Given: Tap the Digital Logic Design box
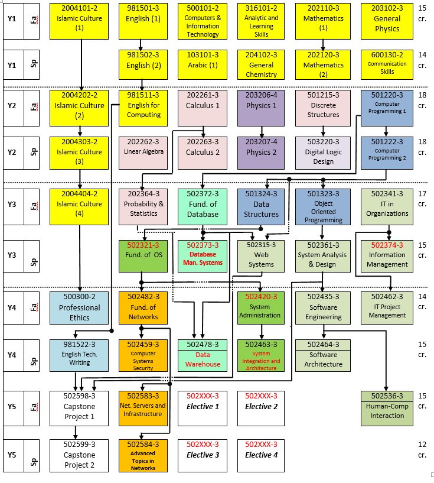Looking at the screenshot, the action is [x=323, y=153].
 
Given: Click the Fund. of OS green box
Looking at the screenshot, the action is [x=140, y=255].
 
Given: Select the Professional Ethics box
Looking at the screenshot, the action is [x=79, y=307].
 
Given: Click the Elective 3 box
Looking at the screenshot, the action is [x=203, y=455].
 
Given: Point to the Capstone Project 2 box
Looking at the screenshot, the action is [x=79, y=455].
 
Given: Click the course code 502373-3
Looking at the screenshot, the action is [x=203, y=245].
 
